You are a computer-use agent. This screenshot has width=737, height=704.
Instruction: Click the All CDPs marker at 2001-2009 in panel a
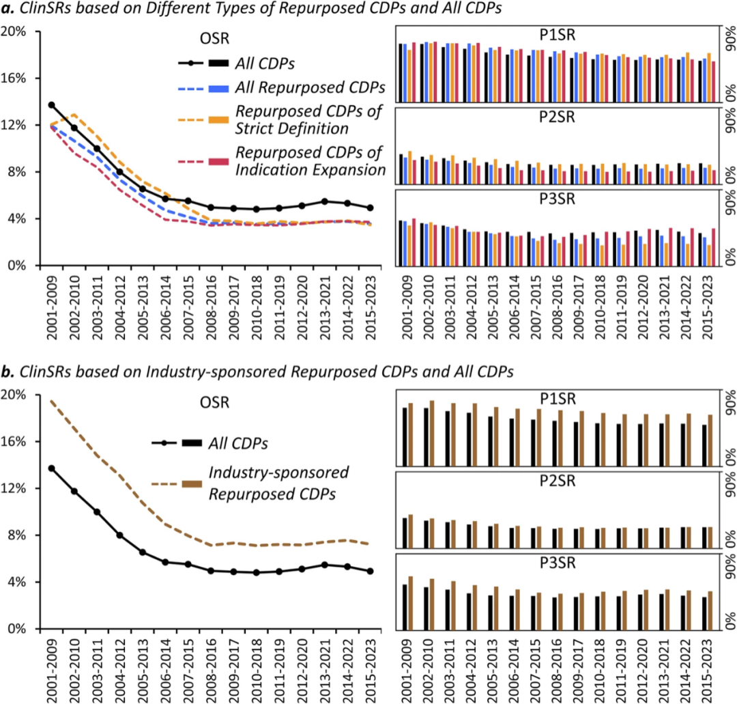tap(51, 104)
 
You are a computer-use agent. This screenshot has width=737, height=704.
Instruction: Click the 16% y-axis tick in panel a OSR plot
tap(15, 79)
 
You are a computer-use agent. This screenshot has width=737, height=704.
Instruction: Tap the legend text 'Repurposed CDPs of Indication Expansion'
tap(310, 160)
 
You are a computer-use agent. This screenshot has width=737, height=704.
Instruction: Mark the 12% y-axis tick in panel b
tap(15, 488)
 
